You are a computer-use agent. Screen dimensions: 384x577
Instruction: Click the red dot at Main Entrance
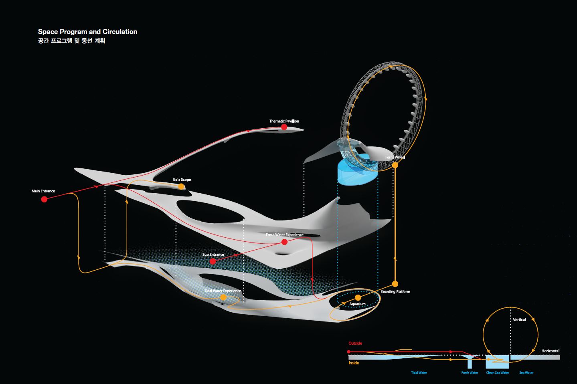[44, 199]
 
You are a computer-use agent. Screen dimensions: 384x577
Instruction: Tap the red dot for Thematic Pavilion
[284, 127]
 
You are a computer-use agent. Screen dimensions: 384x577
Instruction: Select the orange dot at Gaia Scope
[181, 186]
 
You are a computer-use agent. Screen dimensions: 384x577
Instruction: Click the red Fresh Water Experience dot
[284, 242]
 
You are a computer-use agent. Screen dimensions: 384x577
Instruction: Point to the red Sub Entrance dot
[213, 261]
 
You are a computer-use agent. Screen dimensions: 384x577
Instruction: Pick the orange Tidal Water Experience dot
[223, 297]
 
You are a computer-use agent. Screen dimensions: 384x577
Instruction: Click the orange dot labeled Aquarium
[358, 297]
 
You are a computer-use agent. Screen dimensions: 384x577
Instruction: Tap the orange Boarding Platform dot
[395, 284]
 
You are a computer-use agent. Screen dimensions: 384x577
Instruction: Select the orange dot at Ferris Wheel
[395, 165]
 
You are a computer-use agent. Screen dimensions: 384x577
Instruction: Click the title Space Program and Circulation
[87, 32]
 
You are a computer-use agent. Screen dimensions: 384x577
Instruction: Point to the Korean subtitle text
[71, 41]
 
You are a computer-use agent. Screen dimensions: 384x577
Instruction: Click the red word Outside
[355, 343]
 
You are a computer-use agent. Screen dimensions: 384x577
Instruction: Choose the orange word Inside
[354, 363]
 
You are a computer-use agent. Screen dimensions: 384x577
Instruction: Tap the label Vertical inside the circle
[519, 319]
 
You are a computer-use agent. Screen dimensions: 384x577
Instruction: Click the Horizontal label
[550, 351]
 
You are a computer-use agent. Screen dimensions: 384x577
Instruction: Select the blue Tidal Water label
[419, 373]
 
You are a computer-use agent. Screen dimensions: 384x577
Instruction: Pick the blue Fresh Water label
[470, 373]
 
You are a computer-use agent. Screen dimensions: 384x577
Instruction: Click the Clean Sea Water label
[498, 373]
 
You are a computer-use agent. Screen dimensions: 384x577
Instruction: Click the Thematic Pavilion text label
[284, 121]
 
